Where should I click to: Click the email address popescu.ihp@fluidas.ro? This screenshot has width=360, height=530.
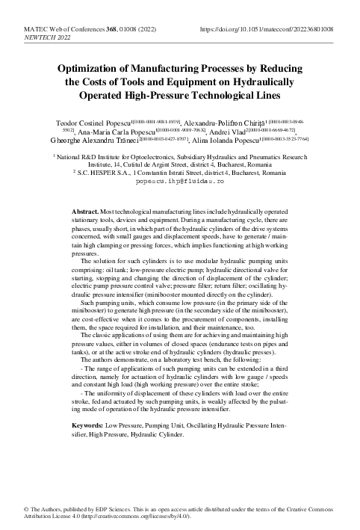[179, 180]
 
